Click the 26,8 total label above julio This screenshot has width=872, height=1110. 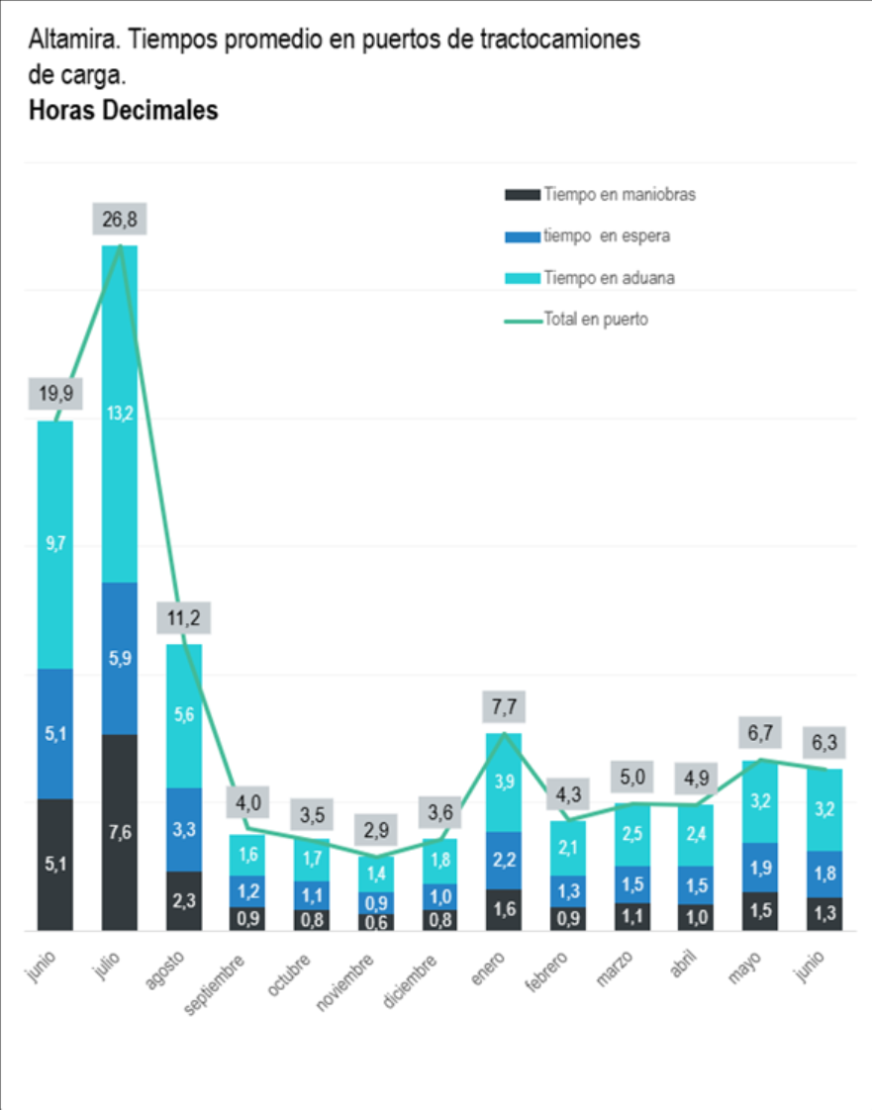[x=120, y=220]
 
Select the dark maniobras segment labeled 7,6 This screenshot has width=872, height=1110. [x=120, y=832]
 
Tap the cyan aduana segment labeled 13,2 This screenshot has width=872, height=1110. [x=120, y=414]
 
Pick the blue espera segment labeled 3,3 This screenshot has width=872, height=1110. [x=184, y=829]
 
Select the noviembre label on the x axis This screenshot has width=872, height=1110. [x=345, y=982]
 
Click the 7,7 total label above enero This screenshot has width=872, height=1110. [x=505, y=707]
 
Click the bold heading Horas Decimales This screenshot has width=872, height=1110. [x=124, y=111]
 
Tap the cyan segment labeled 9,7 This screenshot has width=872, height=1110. [x=55, y=544]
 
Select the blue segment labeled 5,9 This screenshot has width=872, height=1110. [x=120, y=658]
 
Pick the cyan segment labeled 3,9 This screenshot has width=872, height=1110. [x=505, y=782]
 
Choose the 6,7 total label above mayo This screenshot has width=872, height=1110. [x=760, y=733]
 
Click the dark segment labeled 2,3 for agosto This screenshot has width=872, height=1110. [x=184, y=901]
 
